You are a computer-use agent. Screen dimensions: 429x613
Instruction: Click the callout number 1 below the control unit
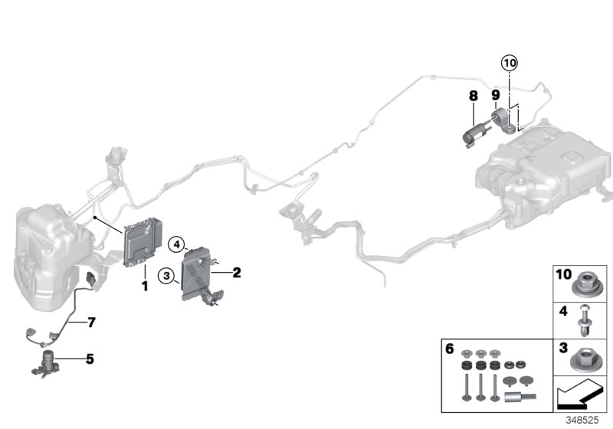143,286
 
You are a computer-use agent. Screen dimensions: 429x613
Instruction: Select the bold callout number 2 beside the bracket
237,272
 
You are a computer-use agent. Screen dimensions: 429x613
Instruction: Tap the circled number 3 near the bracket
166,275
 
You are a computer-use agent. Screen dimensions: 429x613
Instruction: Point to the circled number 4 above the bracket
177,245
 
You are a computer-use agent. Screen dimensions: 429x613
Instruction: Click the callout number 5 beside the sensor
90,357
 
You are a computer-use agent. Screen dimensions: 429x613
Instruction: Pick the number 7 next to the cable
90,323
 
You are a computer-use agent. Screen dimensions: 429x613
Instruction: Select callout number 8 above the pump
474,96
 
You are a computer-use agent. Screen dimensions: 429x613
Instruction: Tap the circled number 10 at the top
510,62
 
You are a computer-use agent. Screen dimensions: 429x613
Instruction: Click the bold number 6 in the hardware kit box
450,349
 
